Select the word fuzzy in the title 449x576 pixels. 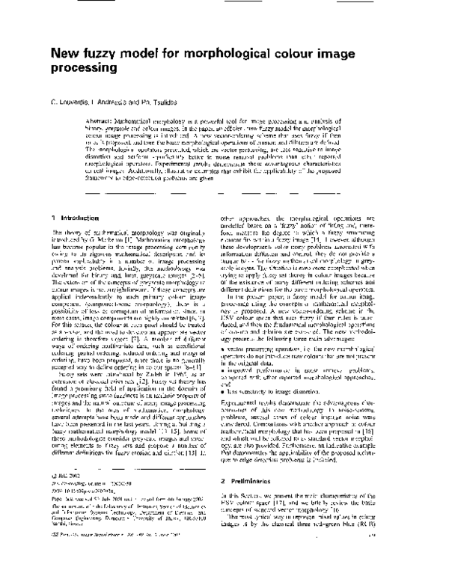pos(106,54)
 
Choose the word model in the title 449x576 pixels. pos(147,54)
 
